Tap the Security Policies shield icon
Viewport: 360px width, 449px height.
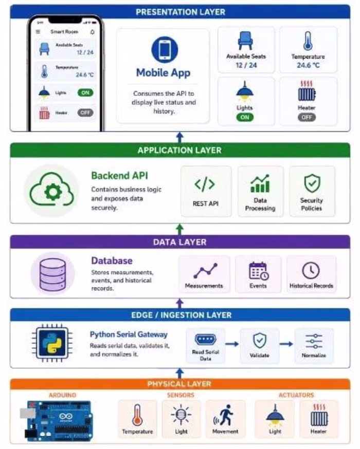tap(312, 183)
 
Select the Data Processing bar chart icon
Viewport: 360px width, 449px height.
tap(260, 183)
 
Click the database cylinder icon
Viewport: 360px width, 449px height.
tap(53, 273)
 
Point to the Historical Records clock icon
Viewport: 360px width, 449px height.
tap(311, 270)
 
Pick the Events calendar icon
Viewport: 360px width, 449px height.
tap(259, 271)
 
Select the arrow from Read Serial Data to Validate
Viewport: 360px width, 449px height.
tap(232, 344)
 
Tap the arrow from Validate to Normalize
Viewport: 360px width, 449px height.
tap(286, 344)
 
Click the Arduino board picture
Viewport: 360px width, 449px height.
tap(57, 421)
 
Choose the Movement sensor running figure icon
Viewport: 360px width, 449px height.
tap(224, 415)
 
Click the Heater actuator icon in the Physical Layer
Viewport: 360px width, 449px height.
tap(319, 415)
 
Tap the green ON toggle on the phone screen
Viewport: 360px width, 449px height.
tap(85, 92)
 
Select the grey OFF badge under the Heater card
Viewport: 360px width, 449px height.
tap(307, 117)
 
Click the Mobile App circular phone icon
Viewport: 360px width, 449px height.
tap(165, 50)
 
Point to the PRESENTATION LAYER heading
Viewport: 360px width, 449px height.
tap(181, 12)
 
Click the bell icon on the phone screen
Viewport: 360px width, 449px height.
tap(92, 32)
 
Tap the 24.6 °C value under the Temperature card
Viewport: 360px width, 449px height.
tap(308, 65)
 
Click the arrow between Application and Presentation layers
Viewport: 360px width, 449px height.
tap(179, 137)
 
